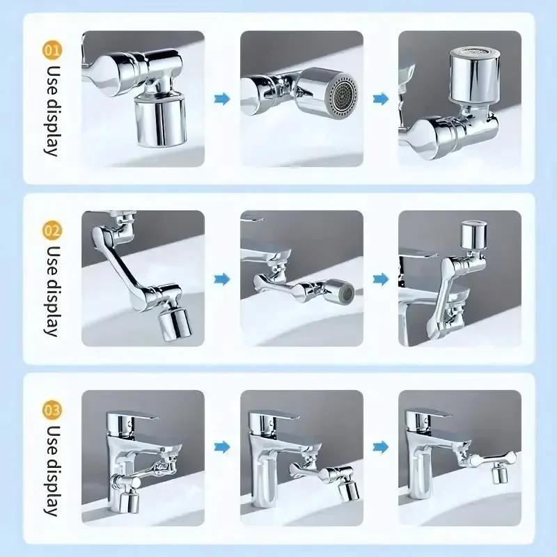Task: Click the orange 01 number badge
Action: click(52, 49)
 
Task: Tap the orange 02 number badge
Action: click(52, 228)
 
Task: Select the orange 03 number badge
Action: click(52, 407)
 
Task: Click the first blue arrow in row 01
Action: click(222, 100)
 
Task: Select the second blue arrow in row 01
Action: click(380, 100)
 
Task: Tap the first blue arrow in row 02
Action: click(222, 279)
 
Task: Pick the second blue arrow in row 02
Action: click(380, 279)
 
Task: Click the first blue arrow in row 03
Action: click(222, 446)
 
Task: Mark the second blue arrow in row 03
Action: click(380, 446)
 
